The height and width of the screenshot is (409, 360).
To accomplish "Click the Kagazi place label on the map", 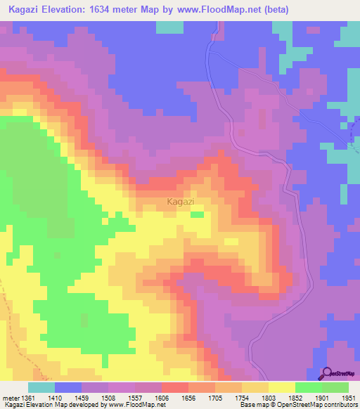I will pyautogui.click(x=181, y=202).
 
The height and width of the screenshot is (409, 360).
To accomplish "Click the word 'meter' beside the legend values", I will pyautogui.click(x=11, y=398).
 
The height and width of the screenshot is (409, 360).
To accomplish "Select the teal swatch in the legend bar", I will pyautogui.click(x=41, y=387).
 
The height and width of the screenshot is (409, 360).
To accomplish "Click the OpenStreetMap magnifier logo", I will pyautogui.click(x=326, y=373).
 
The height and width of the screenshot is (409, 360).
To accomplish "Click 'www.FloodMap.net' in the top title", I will pyautogui.click(x=214, y=10).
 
